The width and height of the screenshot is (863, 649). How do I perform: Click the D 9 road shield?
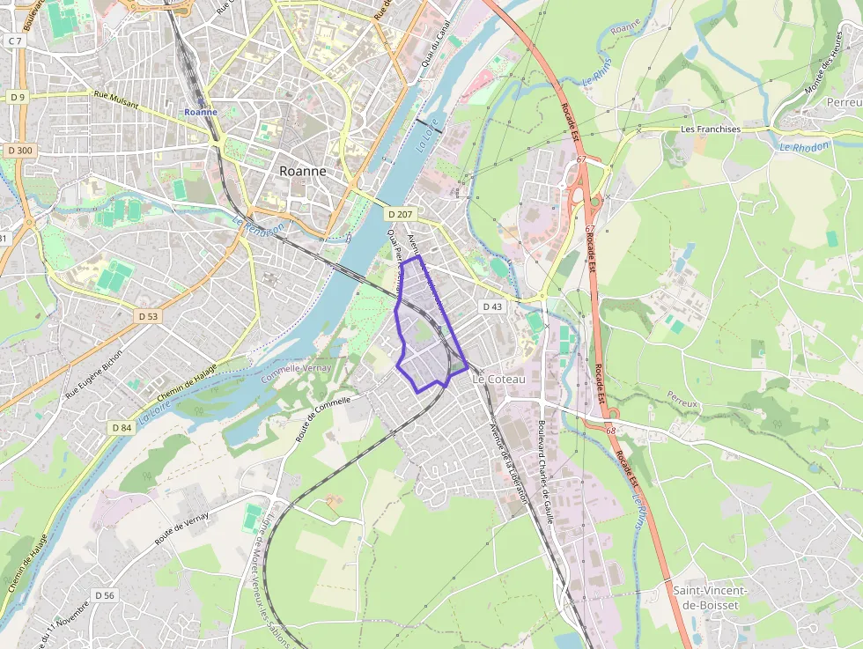click(18, 96)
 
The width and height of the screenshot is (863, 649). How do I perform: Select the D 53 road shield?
click(148, 315)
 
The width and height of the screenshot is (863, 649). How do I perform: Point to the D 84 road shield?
click(122, 427)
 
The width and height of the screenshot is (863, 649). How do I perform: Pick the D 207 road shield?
click(399, 214)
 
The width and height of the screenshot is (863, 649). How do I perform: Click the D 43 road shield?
click(492, 306)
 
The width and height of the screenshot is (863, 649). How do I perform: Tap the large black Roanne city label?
click(302, 171)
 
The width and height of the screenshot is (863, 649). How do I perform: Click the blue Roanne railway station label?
click(201, 112)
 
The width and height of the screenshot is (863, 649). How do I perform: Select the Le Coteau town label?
click(499, 379)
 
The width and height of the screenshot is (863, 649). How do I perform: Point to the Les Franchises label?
click(711, 129)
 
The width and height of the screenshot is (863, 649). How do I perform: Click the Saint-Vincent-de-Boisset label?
click(710, 597)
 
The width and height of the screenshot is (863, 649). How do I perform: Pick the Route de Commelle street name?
click(323, 417)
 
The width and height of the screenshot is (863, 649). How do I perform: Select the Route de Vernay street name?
click(181, 527)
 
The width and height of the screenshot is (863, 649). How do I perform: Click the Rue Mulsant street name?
click(115, 103)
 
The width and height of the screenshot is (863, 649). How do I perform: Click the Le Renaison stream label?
click(260, 227)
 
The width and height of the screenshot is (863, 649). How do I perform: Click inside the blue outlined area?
click(423, 335)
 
